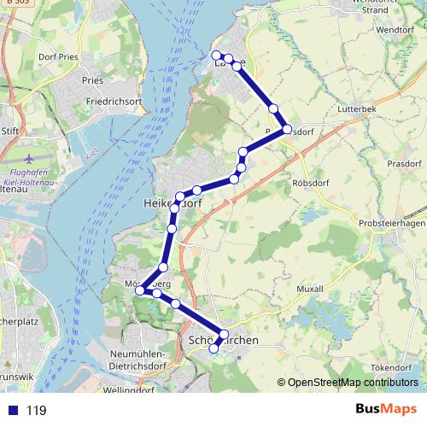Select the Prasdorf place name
(403, 163)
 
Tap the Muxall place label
(309, 289)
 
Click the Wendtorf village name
(395, 29)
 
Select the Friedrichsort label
(114, 101)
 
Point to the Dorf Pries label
(58, 56)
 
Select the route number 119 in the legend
(36, 411)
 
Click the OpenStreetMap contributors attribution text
(352, 383)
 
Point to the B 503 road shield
(13, 3)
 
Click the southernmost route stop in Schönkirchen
(214, 348)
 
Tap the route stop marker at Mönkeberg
(140, 291)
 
